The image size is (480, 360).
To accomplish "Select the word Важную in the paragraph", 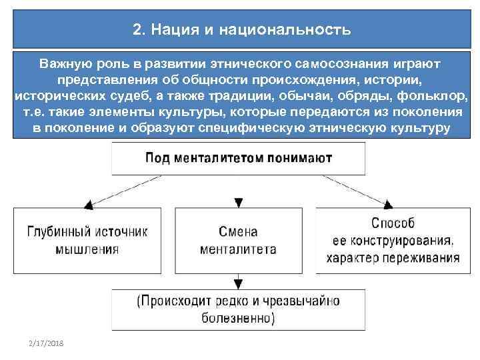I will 66,65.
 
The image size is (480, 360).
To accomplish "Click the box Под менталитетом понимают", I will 239,159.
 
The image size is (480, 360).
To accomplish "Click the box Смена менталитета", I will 237,241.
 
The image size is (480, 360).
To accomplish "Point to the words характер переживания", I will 393,258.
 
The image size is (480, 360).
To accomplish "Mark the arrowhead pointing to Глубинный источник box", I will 87,204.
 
